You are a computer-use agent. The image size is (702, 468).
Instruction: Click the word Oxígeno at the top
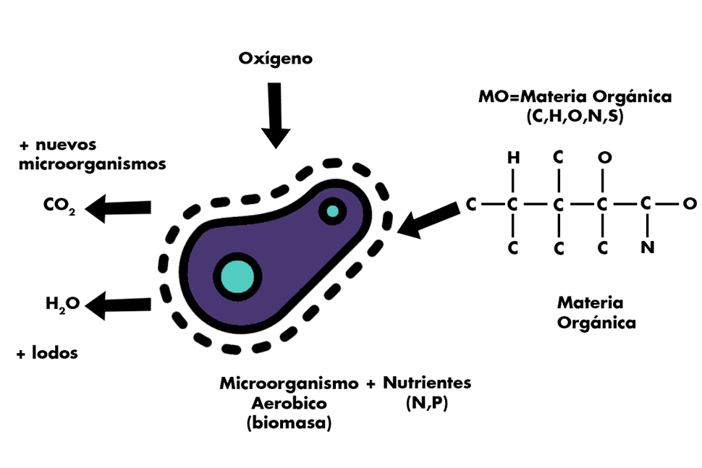(x=276, y=58)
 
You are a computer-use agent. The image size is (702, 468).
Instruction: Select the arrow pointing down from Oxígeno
(x=276, y=116)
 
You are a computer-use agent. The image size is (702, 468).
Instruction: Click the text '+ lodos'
(x=47, y=353)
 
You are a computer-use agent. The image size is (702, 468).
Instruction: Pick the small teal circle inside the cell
(x=332, y=211)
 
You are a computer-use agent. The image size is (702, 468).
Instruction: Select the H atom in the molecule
(x=513, y=157)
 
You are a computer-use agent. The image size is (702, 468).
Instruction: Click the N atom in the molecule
(x=648, y=248)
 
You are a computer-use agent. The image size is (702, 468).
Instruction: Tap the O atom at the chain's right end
(x=690, y=204)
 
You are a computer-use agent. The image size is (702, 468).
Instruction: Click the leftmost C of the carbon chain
(x=471, y=205)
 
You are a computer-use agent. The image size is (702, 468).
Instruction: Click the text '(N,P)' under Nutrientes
(x=428, y=404)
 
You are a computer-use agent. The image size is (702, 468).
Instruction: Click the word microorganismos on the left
(x=92, y=163)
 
